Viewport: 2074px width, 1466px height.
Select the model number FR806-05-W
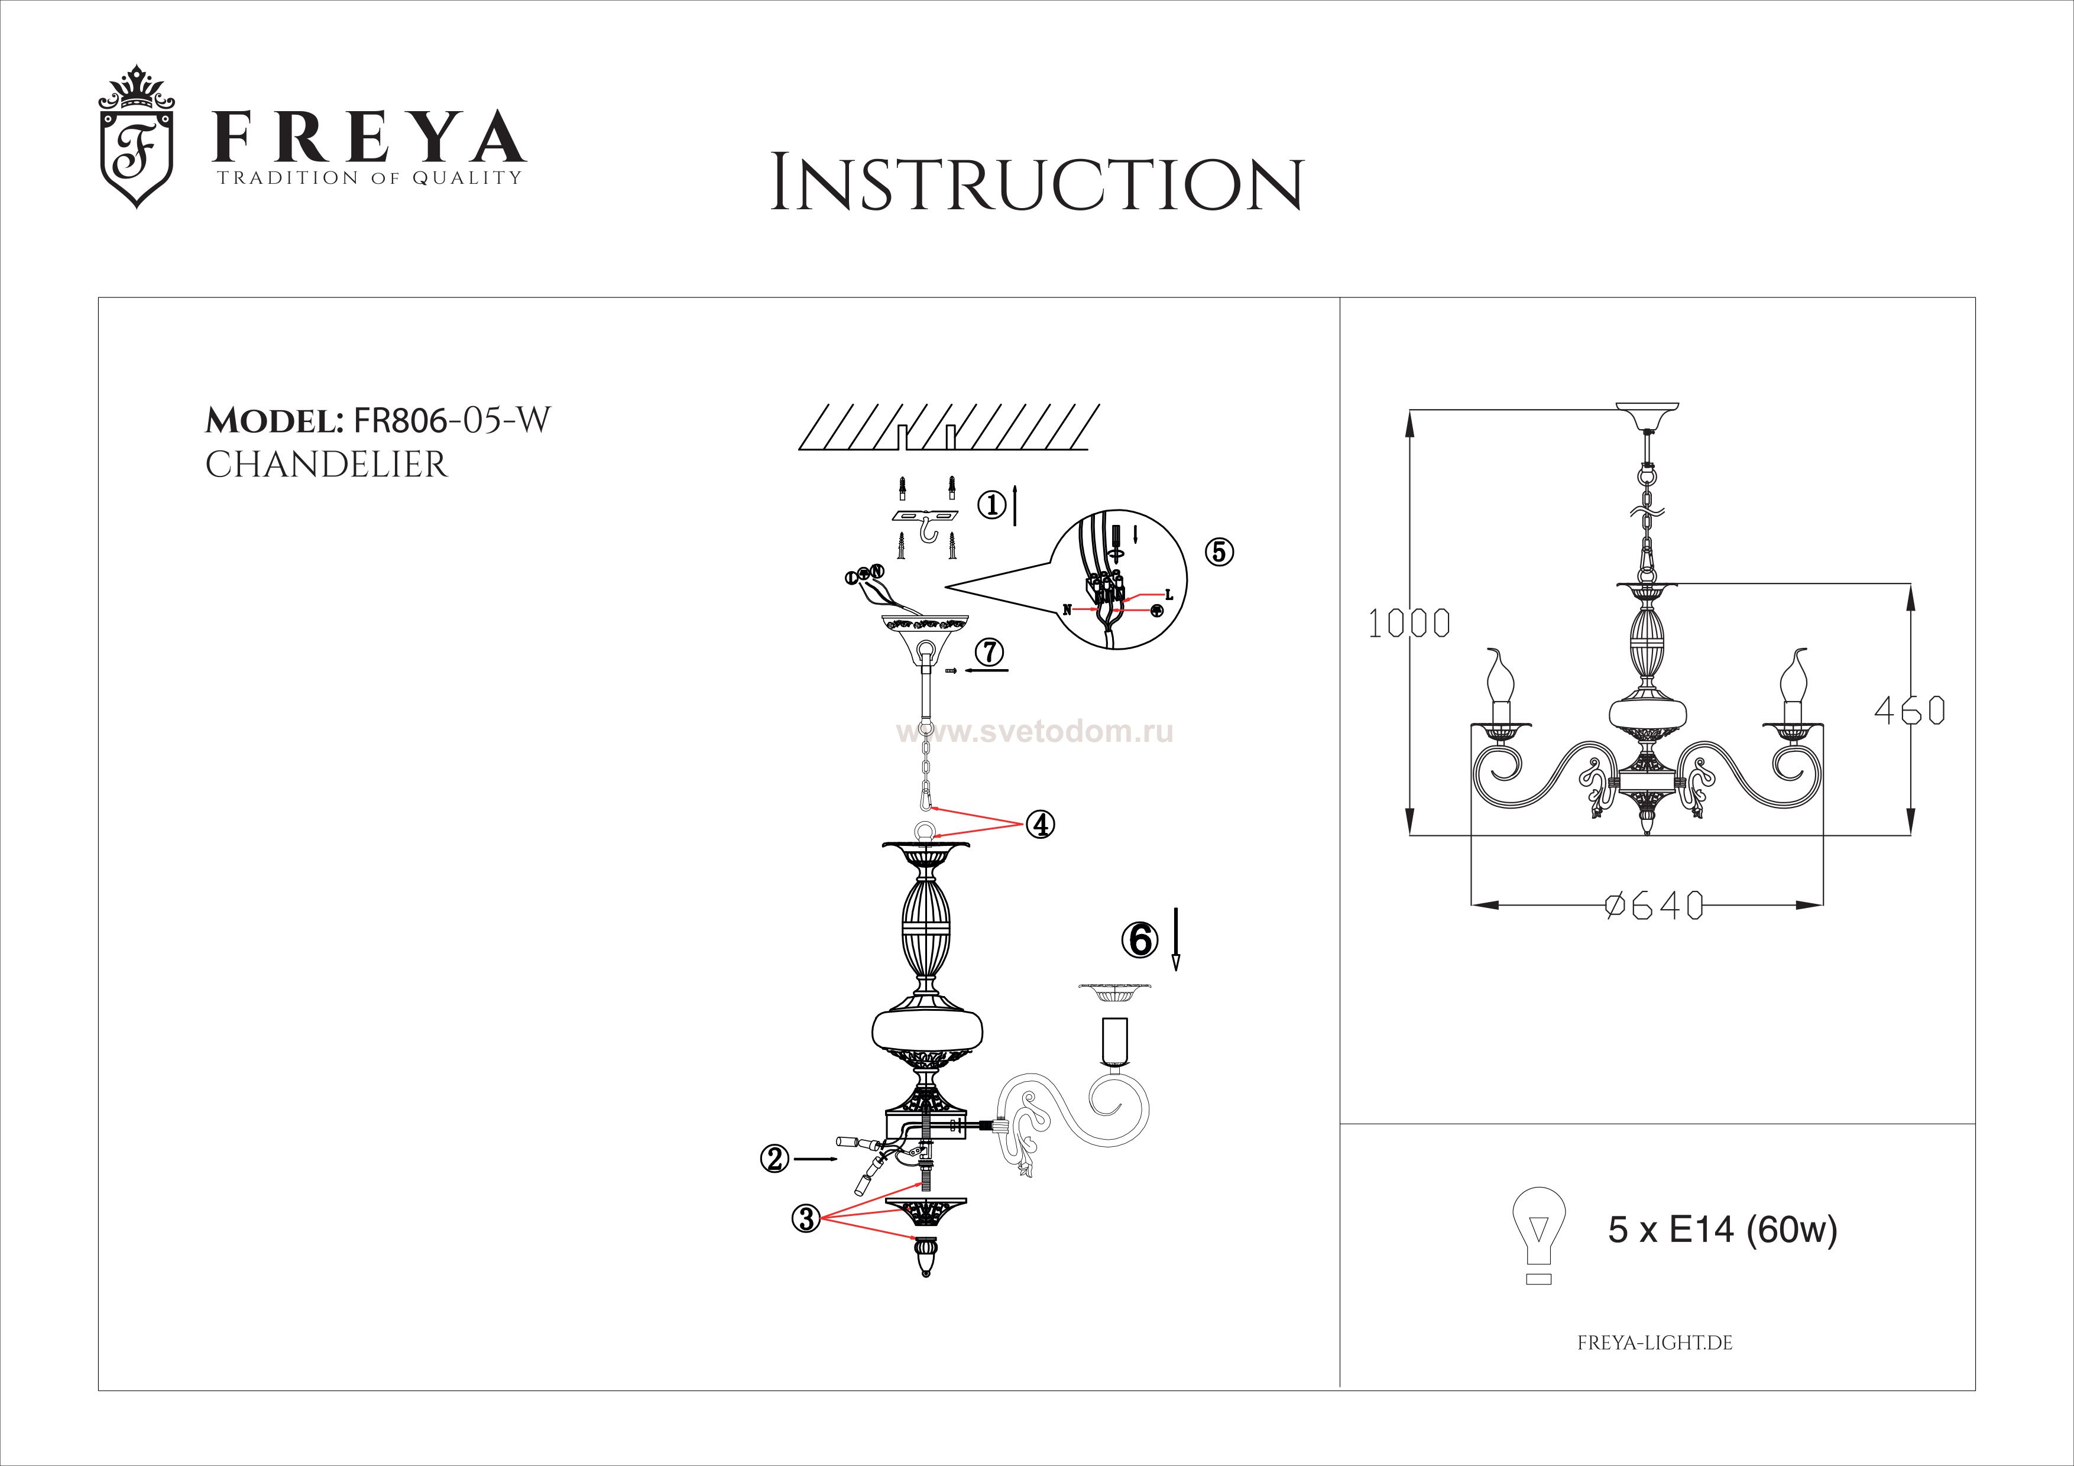(x=452, y=420)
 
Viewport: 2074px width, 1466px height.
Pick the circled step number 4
(x=1040, y=824)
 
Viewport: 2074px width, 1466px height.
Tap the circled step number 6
(x=1140, y=940)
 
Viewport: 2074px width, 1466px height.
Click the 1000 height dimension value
(x=1408, y=623)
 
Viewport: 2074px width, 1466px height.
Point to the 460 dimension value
(x=1908, y=711)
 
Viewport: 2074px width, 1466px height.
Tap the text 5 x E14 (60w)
(x=1722, y=1230)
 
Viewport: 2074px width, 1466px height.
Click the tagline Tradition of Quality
(x=368, y=178)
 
